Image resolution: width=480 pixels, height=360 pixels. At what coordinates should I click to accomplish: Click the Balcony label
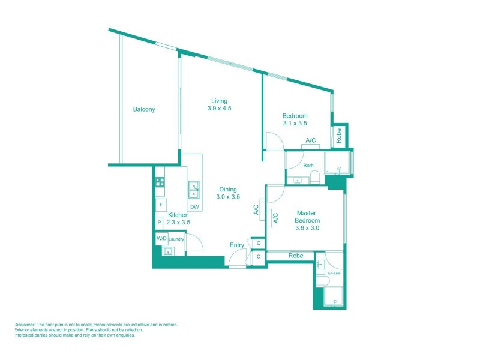coord(144,109)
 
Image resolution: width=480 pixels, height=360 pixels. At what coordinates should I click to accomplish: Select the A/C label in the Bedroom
coord(311,140)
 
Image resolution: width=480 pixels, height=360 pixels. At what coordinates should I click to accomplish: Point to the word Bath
coord(308,166)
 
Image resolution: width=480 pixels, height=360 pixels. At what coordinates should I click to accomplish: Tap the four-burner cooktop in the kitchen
coord(160,182)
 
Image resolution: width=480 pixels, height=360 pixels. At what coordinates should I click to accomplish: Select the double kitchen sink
coord(194,190)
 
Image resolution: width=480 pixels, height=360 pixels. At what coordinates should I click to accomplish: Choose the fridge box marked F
coord(161,205)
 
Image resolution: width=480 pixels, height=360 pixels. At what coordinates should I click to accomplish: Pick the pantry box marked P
coord(159,223)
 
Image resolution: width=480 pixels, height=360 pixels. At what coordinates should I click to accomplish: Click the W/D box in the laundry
coord(161,239)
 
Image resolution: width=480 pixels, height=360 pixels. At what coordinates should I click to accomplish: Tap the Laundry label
coord(176,239)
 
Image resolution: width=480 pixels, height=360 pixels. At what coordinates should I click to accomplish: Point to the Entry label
coord(237,245)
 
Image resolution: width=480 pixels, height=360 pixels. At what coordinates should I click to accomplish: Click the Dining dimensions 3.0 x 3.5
coord(228,197)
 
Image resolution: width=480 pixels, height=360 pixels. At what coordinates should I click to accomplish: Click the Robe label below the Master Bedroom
coord(296,256)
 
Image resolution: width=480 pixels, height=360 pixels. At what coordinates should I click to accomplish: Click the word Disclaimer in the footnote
coord(26,325)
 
